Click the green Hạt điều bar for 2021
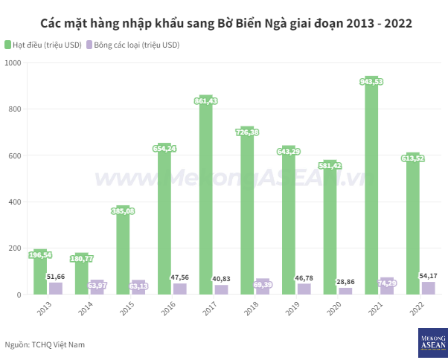(371, 186)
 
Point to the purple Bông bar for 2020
(345, 291)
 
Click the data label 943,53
(371, 81)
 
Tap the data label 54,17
(428, 276)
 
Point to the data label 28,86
(345, 282)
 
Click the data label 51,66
(56, 277)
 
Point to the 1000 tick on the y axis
(16, 62)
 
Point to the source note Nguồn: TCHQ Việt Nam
(45, 344)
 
